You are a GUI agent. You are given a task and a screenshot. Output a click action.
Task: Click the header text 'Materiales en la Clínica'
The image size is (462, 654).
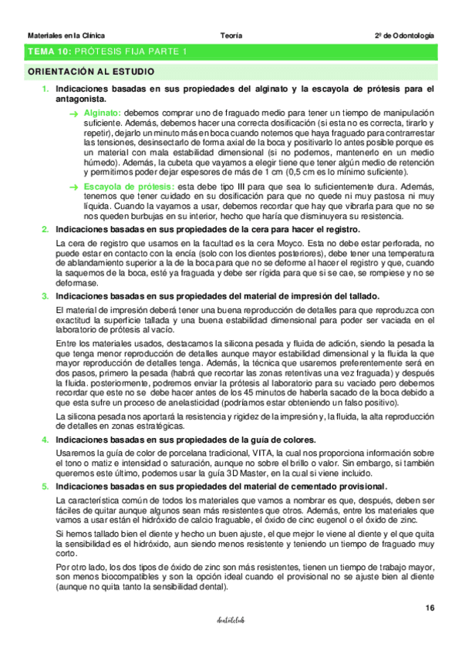pyautogui.click(x=66, y=35)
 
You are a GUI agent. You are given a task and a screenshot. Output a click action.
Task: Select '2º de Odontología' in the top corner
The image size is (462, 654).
pyautogui.click(x=404, y=35)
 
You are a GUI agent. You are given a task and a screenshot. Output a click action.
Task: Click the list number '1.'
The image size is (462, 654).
pyautogui.click(x=46, y=89)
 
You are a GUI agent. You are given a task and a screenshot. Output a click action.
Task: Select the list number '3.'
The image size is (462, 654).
pyautogui.click(x=46, y=296)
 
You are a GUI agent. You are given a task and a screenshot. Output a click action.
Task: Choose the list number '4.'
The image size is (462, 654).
pyautogui.click(x=46, y=439)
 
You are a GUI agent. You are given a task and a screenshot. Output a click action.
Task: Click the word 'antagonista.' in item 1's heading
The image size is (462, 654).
pyautogui.click(x=81, y=99)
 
